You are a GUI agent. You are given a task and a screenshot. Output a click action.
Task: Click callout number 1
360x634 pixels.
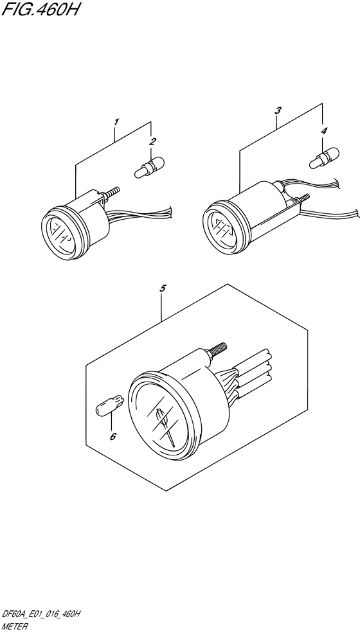(116, 121)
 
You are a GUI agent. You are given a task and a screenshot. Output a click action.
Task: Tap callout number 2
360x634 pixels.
(152, 141)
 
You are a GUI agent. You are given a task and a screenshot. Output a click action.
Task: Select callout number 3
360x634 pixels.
(278, 110)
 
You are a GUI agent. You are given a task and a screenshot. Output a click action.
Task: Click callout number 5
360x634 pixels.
(163, 288)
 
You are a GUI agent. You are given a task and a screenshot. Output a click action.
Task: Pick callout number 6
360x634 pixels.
(113, 436)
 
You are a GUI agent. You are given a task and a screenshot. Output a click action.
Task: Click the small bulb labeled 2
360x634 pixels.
(149, 168)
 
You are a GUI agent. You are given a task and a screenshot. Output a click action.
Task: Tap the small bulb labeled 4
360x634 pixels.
(324, 158)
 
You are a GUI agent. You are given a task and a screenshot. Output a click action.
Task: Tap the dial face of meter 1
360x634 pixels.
(60, 234)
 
